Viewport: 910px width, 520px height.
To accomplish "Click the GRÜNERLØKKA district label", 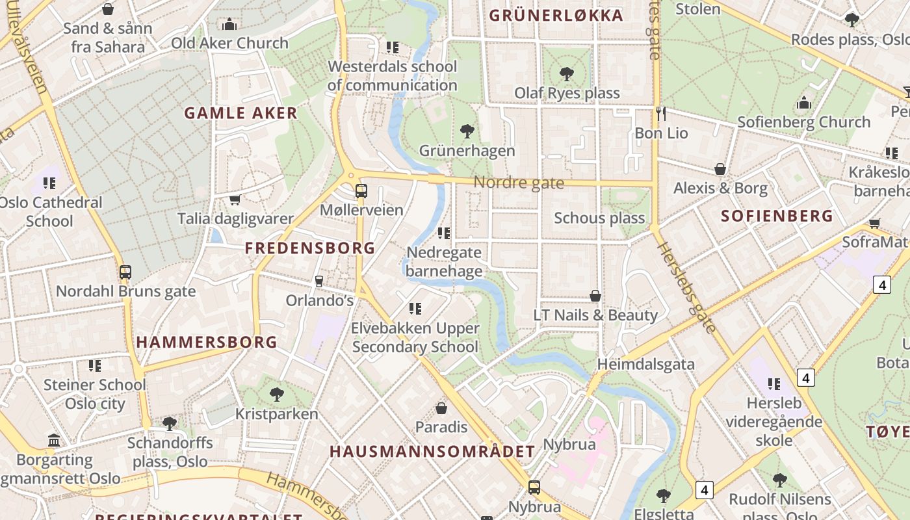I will tap(556, 16).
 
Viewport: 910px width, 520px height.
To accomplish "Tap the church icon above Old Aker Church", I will tap(229, 25).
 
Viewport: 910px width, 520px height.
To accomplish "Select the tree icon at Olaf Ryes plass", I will tap(567, 74).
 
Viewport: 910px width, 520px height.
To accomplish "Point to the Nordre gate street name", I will tap(518, 183).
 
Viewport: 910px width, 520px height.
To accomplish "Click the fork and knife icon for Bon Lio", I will tap(661, 114).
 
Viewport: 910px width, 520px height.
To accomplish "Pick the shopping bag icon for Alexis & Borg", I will tap(720, 169).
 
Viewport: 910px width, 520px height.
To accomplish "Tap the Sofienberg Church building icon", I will tap(804, 103).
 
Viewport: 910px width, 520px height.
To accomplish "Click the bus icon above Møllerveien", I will tap(361, 191).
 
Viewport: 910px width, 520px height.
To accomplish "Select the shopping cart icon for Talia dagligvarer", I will tap(235, 200).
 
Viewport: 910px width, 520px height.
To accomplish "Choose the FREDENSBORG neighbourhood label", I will tap(310, 248).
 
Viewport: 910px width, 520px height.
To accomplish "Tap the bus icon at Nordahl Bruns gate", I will tap(125, 272).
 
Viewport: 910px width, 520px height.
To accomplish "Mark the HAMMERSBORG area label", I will tap(207, 342).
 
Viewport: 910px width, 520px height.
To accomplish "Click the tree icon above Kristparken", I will tap(277, 394).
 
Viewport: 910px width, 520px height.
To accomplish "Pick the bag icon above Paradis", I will tap(441, 408).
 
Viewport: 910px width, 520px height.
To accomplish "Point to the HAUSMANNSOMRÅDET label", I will tap(432, 451).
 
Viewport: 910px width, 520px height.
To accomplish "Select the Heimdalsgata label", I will tap(645, 364).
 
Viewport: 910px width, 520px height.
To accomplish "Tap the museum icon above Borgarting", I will tap(55, 441).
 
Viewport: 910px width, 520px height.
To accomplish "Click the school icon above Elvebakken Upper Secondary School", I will tap(415, 309).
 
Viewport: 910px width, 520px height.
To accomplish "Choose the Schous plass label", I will tap(599, 218).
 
